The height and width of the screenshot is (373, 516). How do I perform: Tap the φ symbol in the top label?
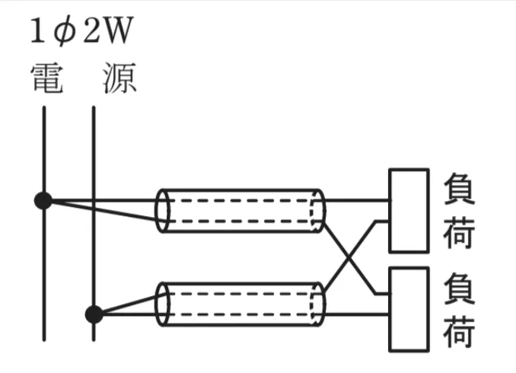pos(65,33)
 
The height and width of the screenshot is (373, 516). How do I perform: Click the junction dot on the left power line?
pos(43,201)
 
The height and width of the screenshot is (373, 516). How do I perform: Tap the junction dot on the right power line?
pos(94,313)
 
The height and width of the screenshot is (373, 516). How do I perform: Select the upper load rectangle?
pos(409,210)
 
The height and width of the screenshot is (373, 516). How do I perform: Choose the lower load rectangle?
pos(409,308)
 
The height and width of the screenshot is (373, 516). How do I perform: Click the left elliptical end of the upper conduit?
pos(162,210)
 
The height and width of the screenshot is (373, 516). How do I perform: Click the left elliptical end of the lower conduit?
pos(162,303)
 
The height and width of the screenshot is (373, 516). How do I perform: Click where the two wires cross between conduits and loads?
pos(349,257)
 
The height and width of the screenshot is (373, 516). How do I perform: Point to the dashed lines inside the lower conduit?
pos(240,303)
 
